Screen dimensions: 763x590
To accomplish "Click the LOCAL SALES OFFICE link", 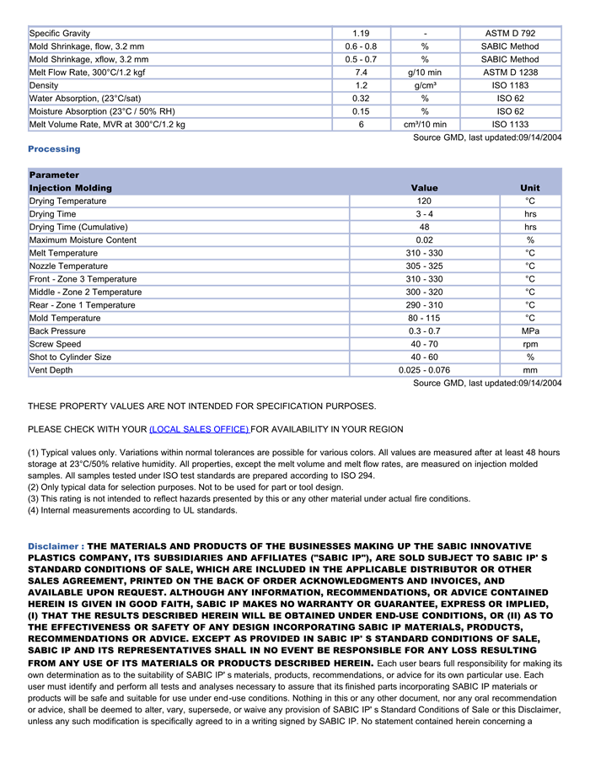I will click(x=199, y=429).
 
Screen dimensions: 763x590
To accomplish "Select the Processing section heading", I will click(x=54, y=149).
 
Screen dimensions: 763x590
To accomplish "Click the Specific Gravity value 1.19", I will click(x=361, y=34).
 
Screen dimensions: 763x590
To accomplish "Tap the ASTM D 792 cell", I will click(x=510, y=34).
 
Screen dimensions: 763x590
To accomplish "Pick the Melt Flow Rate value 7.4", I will click(x=361, y=73).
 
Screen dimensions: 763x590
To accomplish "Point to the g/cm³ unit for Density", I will click(x=425, y=86).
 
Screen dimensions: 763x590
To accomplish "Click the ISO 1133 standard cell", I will click(x=510, y=125).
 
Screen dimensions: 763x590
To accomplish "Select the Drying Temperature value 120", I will click(x=424, y=201).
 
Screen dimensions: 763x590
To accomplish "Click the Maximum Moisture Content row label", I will click(x=83, y=240).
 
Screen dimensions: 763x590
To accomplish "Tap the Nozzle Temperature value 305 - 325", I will click(x=424, y=266).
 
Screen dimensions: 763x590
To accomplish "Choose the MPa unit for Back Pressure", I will click(x=530, y=331).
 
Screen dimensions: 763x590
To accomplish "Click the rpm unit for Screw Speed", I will click(x=530, y=344).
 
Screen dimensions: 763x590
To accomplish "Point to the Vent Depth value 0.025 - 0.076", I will click(x=424, y=370).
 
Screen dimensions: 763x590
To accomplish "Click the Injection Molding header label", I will click(x=70, y=188).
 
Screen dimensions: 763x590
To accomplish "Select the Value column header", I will click(x=424, y=188).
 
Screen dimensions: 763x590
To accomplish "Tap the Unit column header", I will click(x=530, y=188).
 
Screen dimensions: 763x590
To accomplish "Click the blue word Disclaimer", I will click(x=53, y=546).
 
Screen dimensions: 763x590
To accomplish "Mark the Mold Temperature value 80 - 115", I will click(x=424, y=319).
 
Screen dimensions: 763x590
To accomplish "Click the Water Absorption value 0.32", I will click(x=361, y=99).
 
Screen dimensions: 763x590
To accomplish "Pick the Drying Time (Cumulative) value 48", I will click(x=424, y=228).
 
